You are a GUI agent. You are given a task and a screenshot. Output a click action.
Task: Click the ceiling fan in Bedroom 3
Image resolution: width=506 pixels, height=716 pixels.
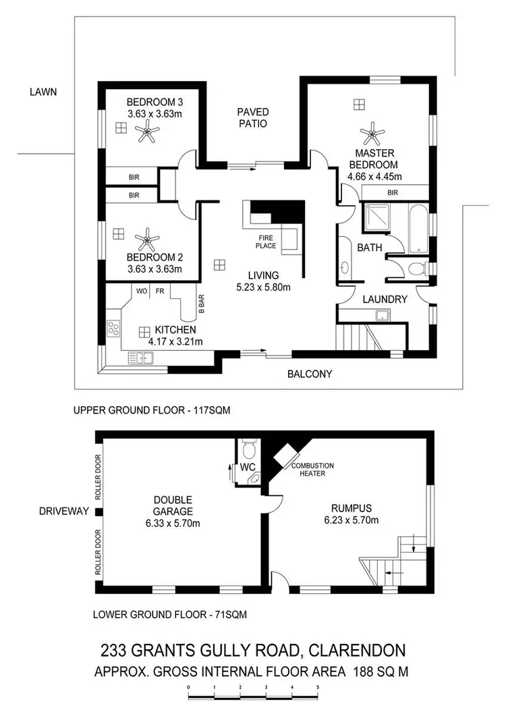tap(145, 134)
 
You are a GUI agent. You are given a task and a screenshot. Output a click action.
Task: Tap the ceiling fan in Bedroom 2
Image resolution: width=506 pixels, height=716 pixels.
tap(146, 239)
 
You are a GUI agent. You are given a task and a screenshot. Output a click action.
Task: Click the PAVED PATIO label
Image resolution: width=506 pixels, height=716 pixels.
tap(252, 117)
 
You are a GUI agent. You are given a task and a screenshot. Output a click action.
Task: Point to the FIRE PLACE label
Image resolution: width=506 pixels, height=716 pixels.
tap(265, 242)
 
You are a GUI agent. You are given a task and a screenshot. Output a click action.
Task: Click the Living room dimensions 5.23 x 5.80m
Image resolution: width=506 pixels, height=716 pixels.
tap(262, 287)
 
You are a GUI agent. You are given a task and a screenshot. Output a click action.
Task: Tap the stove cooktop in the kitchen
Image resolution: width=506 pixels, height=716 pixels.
tap(113, 329)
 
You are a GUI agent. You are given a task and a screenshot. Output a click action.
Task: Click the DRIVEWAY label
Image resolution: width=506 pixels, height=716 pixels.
tap(65, 512)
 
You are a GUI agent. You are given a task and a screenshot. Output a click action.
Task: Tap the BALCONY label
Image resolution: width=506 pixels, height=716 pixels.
tap(310, 374)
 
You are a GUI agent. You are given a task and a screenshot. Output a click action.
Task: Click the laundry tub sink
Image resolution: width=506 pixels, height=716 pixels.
tap(383, 315)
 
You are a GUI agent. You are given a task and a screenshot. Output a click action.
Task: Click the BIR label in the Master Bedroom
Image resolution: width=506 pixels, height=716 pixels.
tap(392, 193)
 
